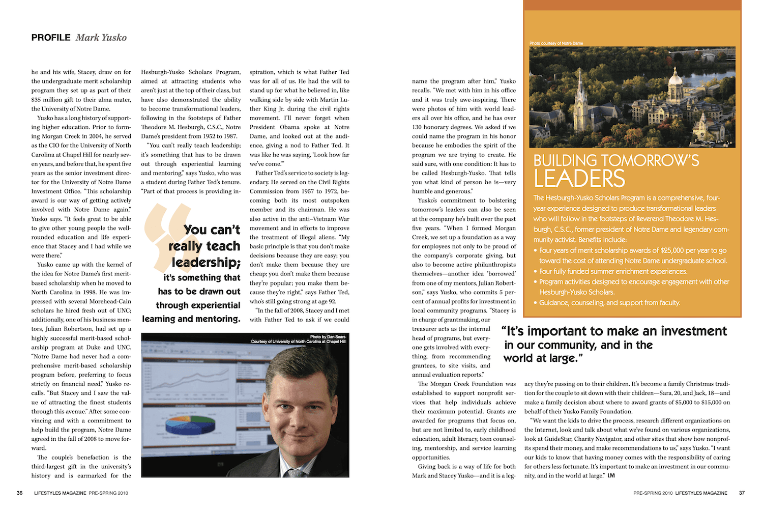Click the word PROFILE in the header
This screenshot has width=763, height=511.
pos(51,38)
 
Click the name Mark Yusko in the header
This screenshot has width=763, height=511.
pos(101,38)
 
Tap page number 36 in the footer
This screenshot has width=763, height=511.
pos(20,493)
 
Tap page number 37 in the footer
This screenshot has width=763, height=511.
pos(742,493)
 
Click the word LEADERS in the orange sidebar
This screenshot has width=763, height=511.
pos(579,179)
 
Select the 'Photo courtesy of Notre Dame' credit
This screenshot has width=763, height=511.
pos(556,43)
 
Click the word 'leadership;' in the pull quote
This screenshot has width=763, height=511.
pos(206,263)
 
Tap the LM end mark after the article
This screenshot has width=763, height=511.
pos(611,476)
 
